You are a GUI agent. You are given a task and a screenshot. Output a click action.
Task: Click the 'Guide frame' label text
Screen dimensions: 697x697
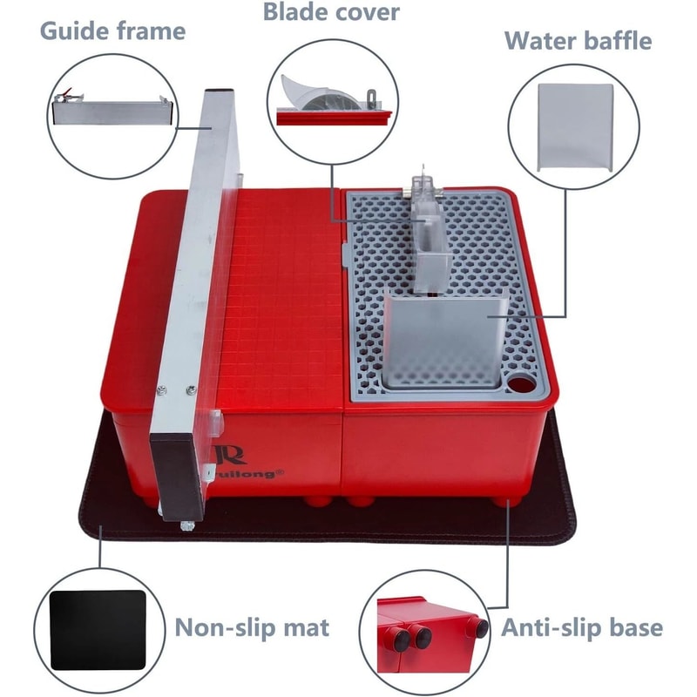coord(113,31)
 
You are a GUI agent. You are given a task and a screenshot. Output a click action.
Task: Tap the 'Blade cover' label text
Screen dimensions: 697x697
coord(331,12)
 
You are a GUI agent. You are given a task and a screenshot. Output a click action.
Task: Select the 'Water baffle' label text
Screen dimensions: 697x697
coord(579,41)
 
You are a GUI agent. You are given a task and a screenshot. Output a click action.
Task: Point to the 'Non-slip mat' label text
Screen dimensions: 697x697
coord(252,627)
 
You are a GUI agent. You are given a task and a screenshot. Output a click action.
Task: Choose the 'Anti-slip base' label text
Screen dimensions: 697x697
coord(582,627)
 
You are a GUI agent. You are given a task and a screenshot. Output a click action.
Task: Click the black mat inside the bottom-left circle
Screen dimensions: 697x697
coord(98,629)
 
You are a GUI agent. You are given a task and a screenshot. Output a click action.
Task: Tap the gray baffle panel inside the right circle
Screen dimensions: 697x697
coord(576,127)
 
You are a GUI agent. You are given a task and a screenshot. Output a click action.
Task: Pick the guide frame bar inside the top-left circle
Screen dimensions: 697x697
coord(112,112)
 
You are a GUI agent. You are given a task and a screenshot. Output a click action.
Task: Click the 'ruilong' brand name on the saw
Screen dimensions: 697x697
coord(250,473)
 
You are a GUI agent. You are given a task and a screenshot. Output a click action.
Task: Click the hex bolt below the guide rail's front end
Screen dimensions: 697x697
coord(187,526)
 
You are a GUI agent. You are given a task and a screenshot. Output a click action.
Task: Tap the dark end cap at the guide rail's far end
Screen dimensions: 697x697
coord(220,91)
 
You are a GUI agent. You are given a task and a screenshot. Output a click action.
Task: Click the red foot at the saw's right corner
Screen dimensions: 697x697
coord(506,502)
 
